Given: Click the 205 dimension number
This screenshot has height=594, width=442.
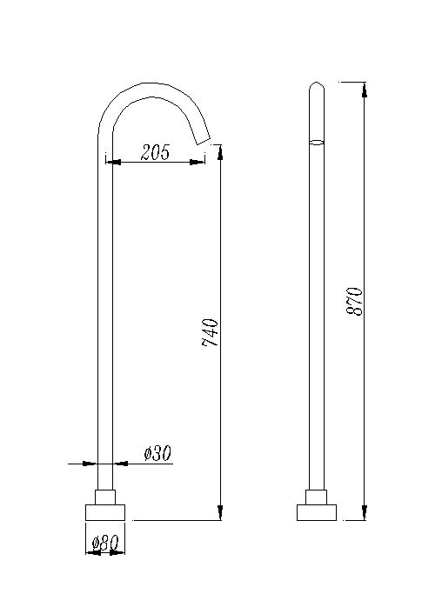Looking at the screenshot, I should [155, 152].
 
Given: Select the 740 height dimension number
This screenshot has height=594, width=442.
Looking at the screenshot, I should [210, 333].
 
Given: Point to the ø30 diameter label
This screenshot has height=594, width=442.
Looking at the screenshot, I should [157, 453].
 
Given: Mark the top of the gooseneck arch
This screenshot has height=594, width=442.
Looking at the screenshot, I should [152, 85].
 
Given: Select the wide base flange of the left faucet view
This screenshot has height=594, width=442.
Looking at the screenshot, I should [104, 511].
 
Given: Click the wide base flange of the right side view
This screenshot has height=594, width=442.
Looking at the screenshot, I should [318, 511].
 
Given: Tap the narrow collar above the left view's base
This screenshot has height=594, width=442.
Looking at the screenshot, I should [104, 497].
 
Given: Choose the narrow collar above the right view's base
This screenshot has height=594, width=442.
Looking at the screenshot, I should [318, 497].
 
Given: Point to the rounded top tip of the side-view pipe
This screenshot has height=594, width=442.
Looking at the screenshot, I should [318, 85].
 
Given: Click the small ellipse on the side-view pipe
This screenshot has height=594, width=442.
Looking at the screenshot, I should [318, 141].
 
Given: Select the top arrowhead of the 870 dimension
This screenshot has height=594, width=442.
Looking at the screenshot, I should [364, 88].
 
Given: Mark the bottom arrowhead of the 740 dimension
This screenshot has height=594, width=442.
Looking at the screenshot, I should [219, 514].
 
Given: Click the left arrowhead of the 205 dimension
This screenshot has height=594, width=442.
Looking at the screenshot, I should [110, 161].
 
